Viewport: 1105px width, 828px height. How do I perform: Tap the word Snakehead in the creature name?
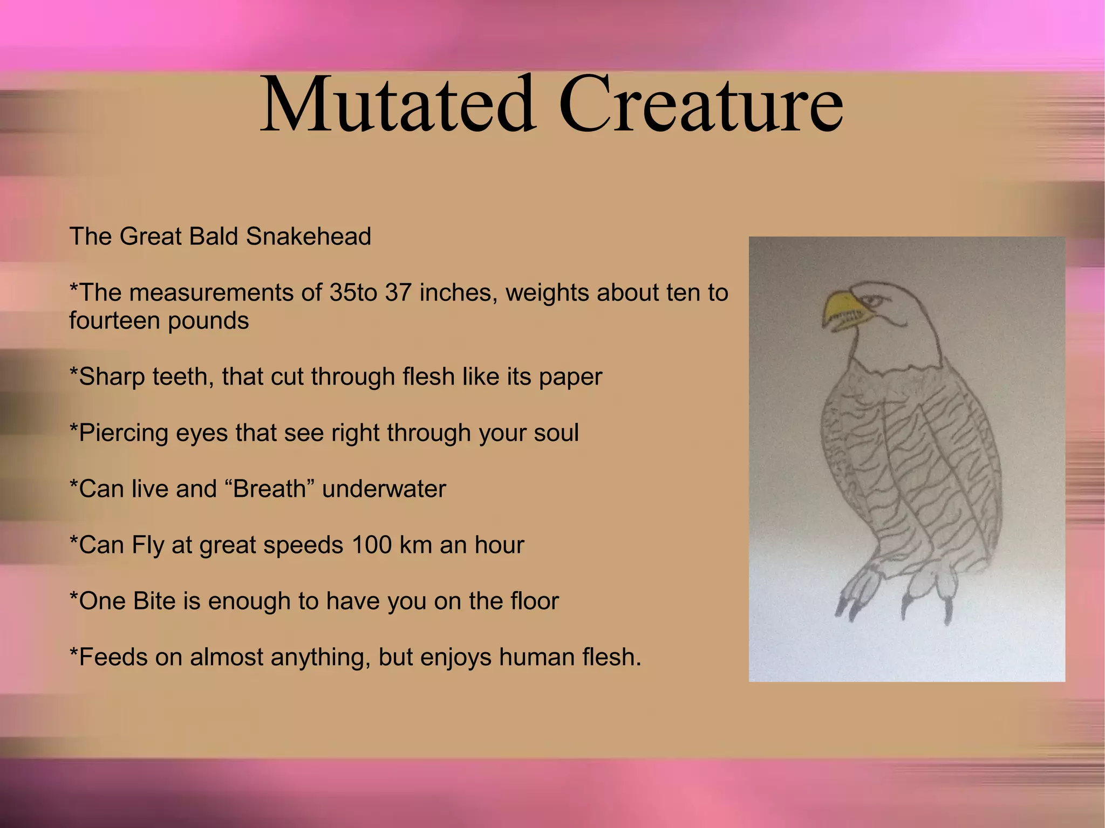pos(308,236)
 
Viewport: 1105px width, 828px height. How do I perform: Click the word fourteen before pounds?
pos(114,321)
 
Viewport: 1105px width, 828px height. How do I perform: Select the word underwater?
pos(384,489)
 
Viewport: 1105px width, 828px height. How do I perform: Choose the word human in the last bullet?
pos(536,657)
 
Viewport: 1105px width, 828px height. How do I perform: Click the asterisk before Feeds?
pos(74,654)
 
